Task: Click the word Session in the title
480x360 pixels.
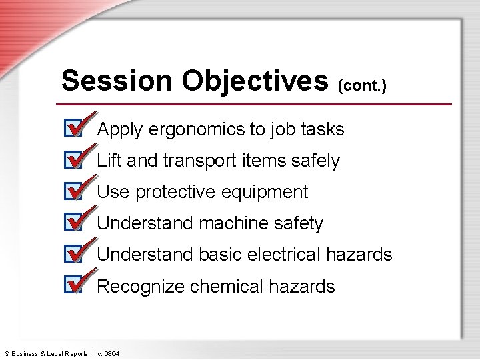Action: point(117,81)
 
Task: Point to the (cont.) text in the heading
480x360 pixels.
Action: point(362,85)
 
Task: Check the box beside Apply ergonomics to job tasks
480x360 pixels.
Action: point(73,128)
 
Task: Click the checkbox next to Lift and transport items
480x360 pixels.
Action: point(73,160)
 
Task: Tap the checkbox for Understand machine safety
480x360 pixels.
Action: point(73,222)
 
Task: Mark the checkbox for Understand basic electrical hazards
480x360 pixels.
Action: point(73,254)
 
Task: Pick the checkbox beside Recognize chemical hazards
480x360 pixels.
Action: point(73,285)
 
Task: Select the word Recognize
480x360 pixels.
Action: point(141,287)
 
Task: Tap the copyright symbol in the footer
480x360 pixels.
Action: point(6,353)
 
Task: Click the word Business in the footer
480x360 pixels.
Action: point(25,353)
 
